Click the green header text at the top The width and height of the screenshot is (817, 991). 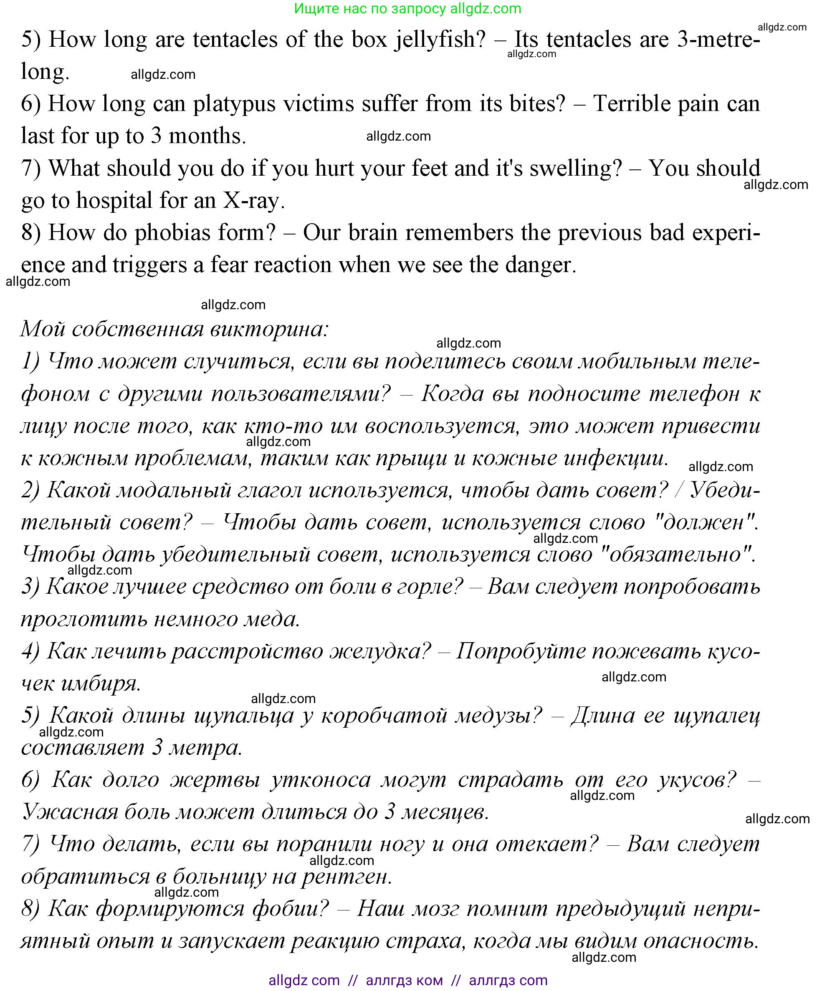click(407, 8)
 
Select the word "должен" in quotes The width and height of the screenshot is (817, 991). click(705, 522)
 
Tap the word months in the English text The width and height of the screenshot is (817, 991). click(207, 136)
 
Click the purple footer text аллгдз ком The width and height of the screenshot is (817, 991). click(404, 980)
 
